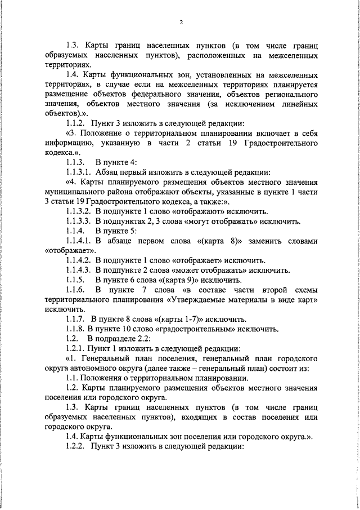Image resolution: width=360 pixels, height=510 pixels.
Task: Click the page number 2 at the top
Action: (x=181, y=23)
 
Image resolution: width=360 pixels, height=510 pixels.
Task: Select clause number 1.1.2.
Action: (x=78, y=138)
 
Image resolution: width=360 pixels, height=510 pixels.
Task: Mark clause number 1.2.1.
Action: (x=78, y=348)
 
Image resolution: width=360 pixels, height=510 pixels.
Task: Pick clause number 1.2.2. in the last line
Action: (x=78, y=446)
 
